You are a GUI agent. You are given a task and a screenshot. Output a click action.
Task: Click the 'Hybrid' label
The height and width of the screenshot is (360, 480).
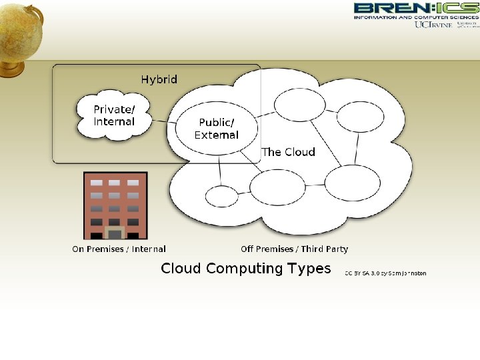pos(159,79)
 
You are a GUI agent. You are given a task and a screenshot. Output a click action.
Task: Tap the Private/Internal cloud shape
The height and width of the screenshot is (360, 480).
pos(114,116)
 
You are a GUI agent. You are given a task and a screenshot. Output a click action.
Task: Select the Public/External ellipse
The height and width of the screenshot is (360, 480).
pos(216,128)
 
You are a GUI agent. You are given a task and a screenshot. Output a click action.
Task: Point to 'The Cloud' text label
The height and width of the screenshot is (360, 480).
pos(288,152)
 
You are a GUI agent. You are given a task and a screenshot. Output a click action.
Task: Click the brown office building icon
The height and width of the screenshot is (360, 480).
pos(115,205)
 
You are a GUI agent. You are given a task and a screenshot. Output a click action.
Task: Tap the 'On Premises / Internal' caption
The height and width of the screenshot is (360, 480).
pos(119,249)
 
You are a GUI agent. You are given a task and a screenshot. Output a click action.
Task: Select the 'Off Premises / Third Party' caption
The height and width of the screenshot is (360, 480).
pos(294,249)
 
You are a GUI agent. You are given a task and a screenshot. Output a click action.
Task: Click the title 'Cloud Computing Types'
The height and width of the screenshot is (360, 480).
pos(246,269)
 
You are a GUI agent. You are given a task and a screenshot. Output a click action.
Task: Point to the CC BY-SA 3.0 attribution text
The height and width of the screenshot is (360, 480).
pos(385,273)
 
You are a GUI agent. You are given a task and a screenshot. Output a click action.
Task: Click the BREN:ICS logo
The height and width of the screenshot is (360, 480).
pos(415,8)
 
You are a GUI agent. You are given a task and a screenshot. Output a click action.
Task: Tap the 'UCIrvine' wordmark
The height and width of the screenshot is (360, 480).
pos(433,25)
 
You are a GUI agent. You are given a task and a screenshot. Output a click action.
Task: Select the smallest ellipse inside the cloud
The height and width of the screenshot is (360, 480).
pos(221,197)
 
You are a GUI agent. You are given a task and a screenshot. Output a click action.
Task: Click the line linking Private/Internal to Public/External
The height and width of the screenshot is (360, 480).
pos(163,121)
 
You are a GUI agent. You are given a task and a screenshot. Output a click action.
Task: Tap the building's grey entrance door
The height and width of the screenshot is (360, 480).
pos(115,234)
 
